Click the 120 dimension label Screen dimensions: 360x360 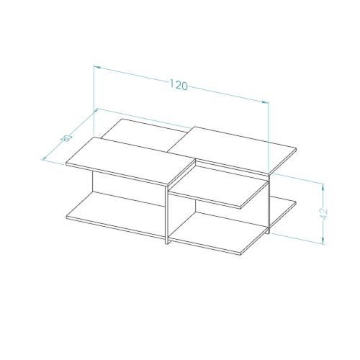[x=179, y=85]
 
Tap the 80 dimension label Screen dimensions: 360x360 [x=67, y=138]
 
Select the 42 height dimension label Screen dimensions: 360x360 [x=324, y=215]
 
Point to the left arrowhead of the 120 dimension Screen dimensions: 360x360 [x=97, y=67]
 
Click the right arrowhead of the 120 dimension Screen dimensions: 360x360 [x=265, y=102]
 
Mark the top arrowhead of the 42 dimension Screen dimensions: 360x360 [x=323, y=187]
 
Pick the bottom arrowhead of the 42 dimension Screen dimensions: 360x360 [x=323, y=240]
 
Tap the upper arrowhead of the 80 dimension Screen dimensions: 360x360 [x=96, y=111]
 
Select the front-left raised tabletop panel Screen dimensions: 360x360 [x=131, y=161]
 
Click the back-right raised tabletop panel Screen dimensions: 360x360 [x=232, y=150]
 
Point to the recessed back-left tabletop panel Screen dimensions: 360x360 [x=143, y=135]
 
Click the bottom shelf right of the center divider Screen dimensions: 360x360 [x=217, y=233]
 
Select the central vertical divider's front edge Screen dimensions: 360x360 [x=166, y=215]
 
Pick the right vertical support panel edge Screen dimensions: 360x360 [x=269, y=204]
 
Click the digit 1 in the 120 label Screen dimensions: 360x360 [x=172, y=84]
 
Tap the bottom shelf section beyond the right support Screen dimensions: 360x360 [x=283, y=211]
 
